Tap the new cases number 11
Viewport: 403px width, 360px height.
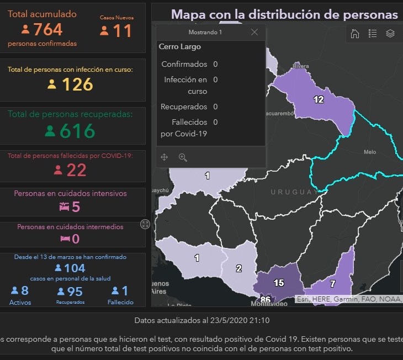pos(123,31)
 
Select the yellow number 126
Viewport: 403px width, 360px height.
pos(77,84)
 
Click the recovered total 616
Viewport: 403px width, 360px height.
pos(77,131)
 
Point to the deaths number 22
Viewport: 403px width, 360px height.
pos(76,170)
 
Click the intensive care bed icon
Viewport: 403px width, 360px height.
pos(63,207)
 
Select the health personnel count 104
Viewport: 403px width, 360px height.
pos(75,268)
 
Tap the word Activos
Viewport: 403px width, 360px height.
pos(20,303)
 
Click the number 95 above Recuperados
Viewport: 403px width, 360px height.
pos(75,291)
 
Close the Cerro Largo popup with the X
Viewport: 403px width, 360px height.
pos(254,32)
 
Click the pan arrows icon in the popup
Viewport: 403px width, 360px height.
pos(165,157)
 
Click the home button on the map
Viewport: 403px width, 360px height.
pos(355,34)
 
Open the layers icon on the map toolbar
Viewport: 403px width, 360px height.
pos(390,34)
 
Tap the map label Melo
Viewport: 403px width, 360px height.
pos(370,152)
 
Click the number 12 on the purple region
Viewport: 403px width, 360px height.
pos(319,100)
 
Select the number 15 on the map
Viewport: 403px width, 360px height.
pos(279,283)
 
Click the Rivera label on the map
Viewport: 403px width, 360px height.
pos(301,66)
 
